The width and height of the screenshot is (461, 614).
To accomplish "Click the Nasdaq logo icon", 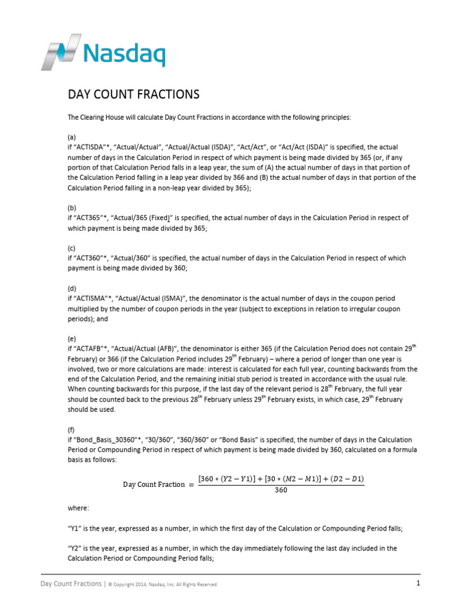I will point(61,52).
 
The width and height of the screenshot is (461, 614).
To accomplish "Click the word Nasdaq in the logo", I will point(124,54).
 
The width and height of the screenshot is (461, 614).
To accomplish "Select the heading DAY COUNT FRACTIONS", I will point(133,95).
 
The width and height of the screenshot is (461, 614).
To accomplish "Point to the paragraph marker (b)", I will point(71,207).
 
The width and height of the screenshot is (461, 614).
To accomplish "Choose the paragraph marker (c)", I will point(71,248).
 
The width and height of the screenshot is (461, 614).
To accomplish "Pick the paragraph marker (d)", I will point(71,288).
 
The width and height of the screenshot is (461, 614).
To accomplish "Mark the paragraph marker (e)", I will point(71,339).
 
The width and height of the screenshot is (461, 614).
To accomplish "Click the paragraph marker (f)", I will point(71,430).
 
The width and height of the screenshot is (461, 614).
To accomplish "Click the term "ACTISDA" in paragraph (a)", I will point(92,147).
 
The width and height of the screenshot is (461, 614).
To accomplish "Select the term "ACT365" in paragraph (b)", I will point(89,218).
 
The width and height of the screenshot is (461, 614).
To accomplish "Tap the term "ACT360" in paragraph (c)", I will point(89,258).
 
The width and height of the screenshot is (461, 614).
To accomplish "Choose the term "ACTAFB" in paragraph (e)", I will point(90,349).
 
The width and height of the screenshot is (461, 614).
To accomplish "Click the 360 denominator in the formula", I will point(281,490).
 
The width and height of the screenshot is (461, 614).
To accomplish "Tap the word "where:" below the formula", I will point(78,508).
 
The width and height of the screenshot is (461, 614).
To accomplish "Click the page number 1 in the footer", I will point(417,583).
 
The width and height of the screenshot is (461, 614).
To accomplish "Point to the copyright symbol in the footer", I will point(110,585).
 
